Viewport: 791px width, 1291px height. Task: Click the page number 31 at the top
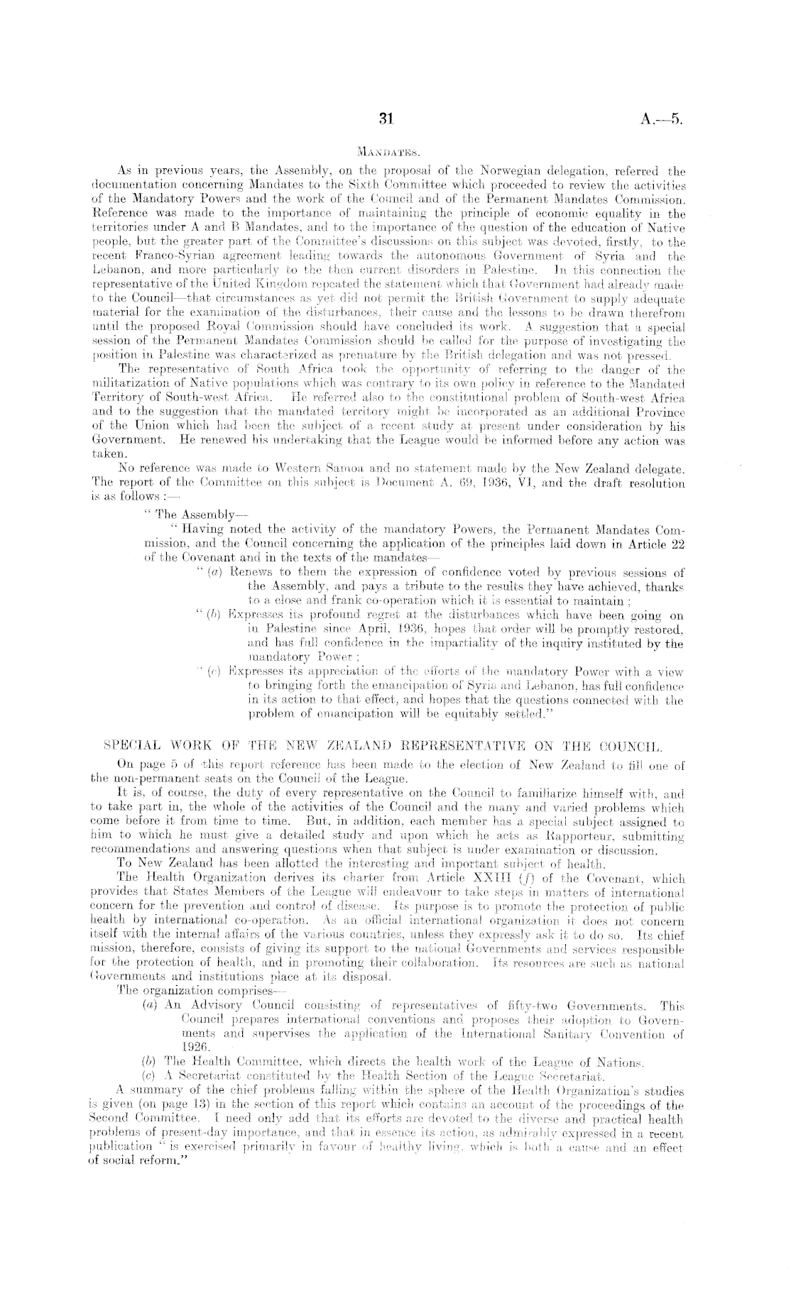click(x=386, y=120)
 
